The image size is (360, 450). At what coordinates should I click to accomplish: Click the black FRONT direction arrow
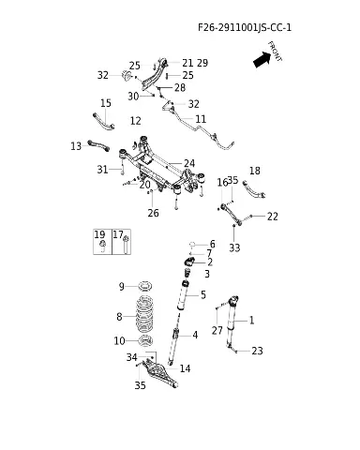coord(262,59)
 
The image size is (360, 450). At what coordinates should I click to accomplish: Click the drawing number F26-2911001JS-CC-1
coord(245,27)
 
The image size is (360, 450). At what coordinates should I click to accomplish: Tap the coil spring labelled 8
coord(144,315)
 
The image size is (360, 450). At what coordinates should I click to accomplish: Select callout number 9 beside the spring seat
coord(122,286)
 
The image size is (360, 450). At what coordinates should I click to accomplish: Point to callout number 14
coord(185,368)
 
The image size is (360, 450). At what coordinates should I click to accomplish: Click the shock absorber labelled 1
coord(232,322)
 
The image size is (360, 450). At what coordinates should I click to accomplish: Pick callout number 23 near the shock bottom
coord(257,351)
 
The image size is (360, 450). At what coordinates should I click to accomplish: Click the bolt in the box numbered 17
coord(126,245)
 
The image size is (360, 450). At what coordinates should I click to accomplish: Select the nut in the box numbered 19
coord(102,245)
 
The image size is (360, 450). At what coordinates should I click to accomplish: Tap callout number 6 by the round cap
coord(213,244)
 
